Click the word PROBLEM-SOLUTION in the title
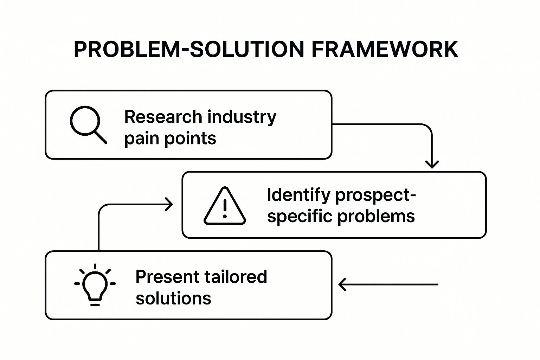click(189, 49)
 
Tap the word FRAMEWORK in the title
click(385, 49)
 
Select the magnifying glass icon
click(88, 124)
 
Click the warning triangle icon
click(225, 206)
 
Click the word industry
click(242, 117)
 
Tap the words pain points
click(170, 139)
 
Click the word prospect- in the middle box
click(375, 196)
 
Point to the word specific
click(300, 216)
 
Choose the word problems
click(376, 216)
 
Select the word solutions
click(173, 298)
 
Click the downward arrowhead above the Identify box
click(432, 164)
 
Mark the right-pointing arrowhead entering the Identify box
click(169, 204)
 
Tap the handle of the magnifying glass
click(101, 137)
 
